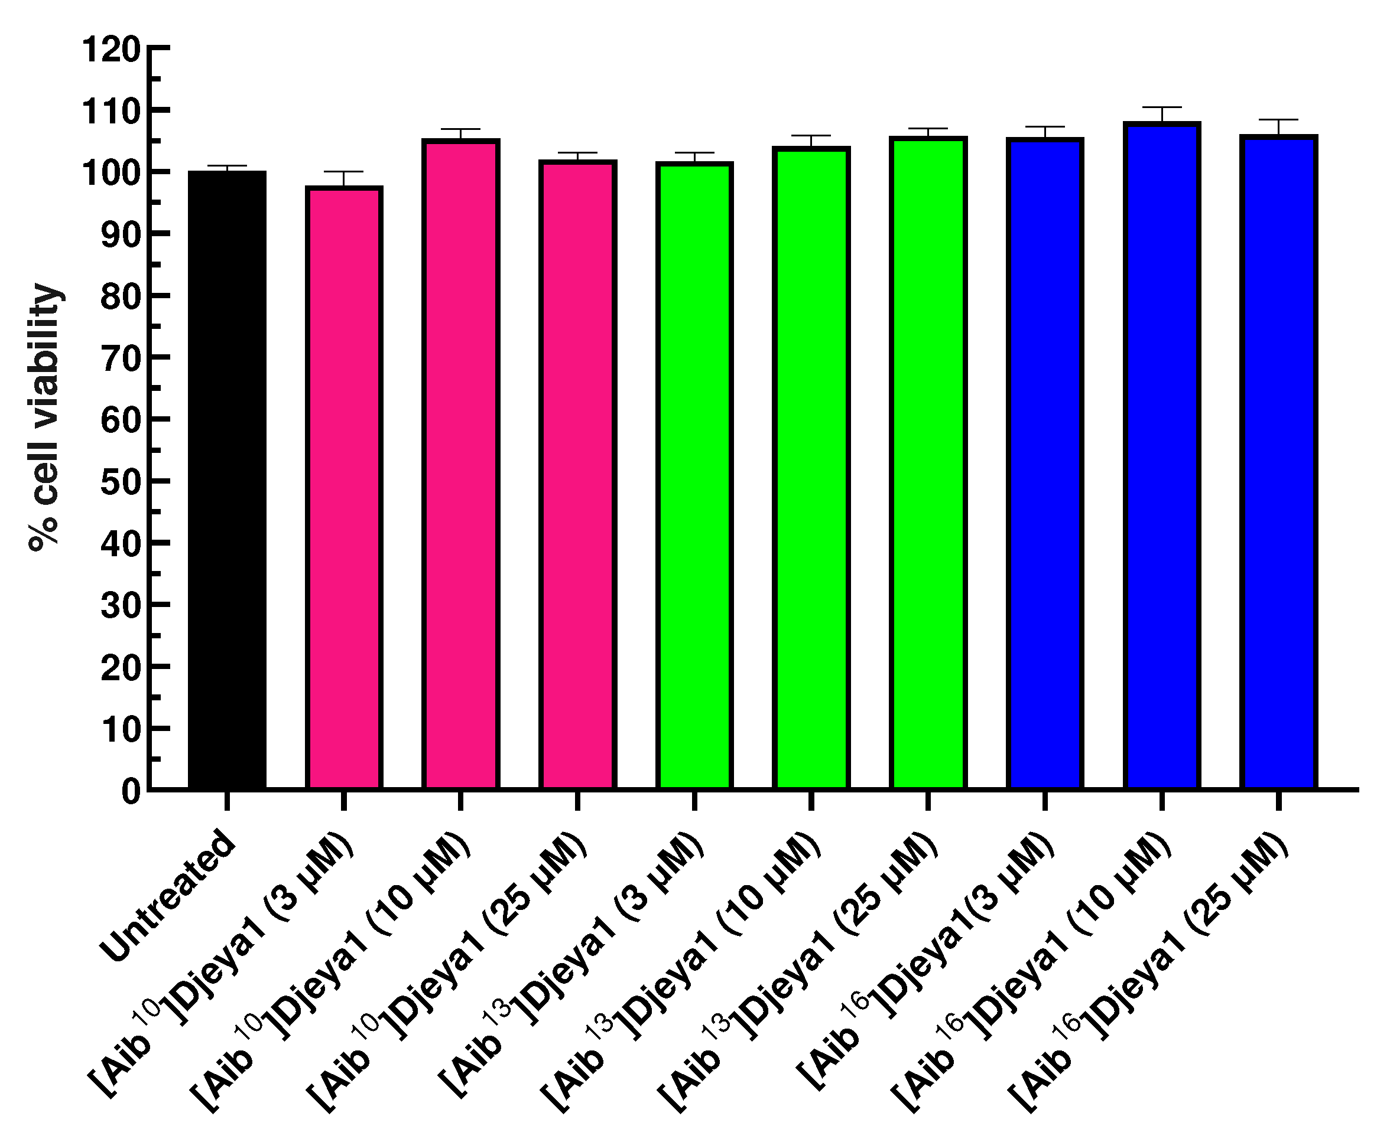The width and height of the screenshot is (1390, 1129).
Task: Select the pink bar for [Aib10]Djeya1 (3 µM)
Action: click(343, 488)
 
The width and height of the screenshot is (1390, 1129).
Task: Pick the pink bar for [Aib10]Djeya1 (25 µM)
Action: click(577, 475)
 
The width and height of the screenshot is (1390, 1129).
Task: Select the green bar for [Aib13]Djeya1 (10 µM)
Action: click(811, 468)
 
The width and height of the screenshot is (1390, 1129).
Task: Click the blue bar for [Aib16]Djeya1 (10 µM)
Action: click(1162, 455)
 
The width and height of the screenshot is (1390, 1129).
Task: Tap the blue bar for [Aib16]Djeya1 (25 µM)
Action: click(1278, 462)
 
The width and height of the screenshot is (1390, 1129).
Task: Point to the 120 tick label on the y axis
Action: click(111, 50)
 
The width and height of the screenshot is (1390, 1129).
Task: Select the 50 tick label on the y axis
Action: click(121, 482)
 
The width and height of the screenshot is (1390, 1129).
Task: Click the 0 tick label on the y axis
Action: click(131, 792)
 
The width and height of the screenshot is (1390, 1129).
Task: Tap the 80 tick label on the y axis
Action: click(121, 297)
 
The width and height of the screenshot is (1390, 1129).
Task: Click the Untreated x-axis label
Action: click(168, 898)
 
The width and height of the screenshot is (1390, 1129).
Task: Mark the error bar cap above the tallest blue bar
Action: click(1162, 107)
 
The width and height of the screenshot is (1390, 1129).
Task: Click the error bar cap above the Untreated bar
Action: click(226, 166)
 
